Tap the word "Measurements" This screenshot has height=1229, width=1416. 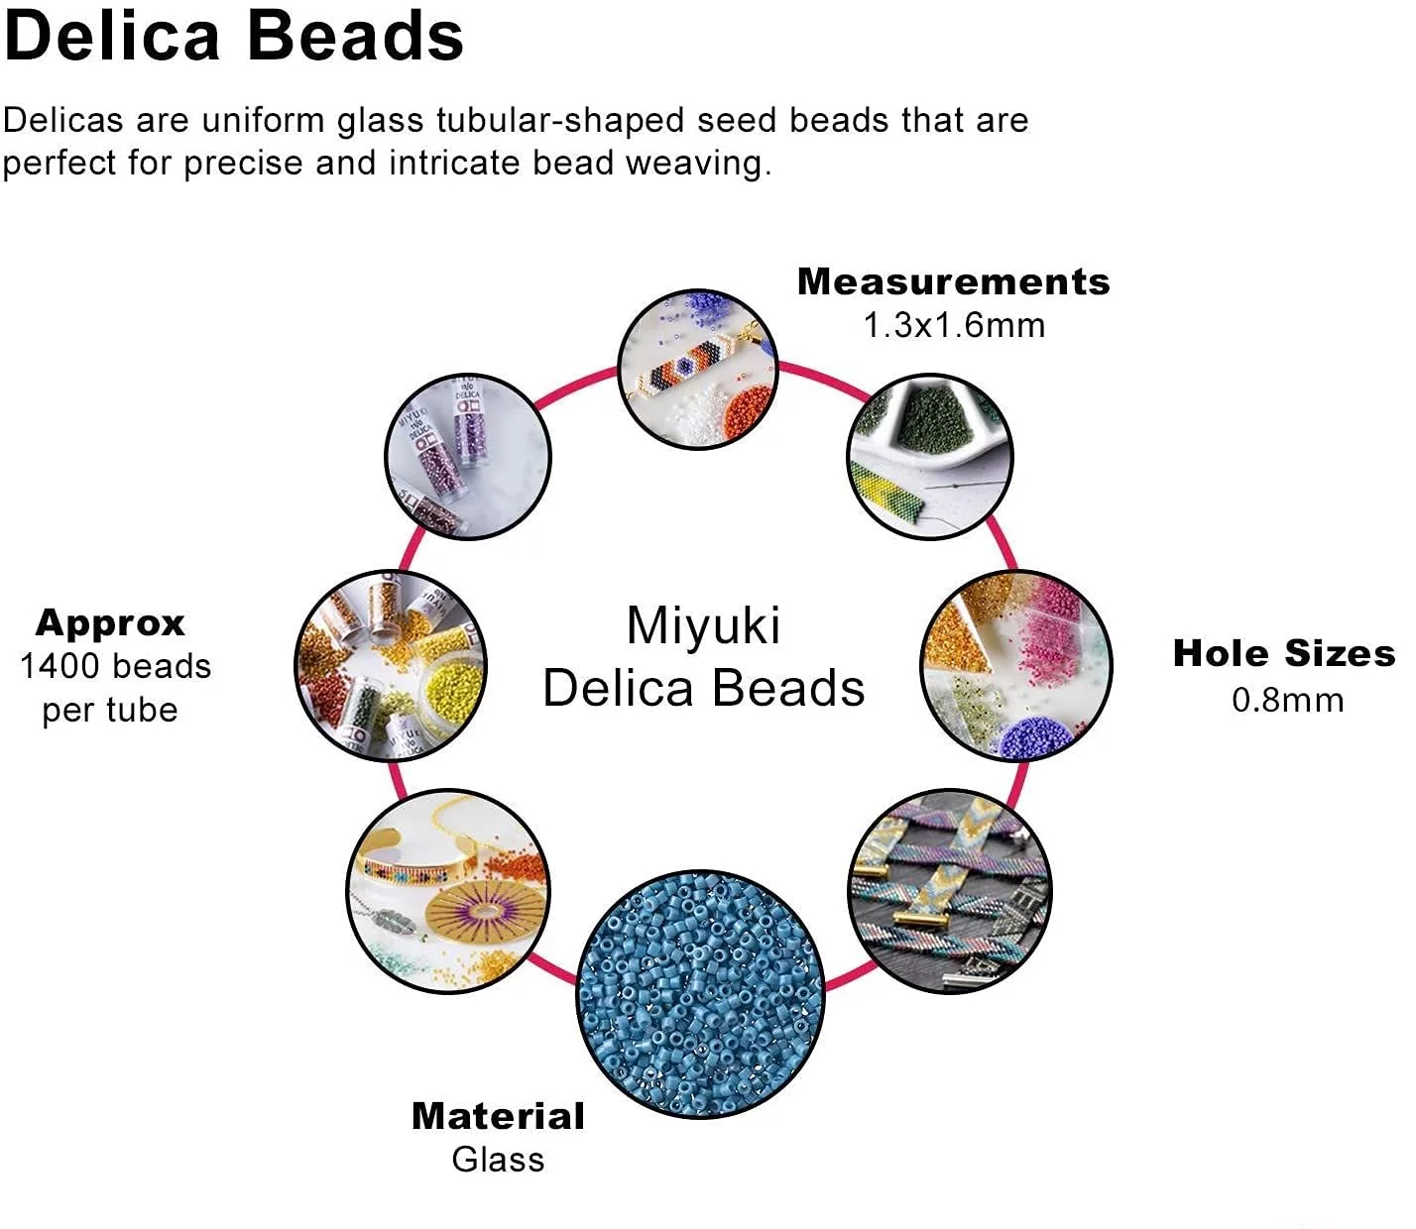coord(954,281)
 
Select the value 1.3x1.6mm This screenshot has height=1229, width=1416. coord(954,325)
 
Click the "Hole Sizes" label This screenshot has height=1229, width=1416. coord(1284,653)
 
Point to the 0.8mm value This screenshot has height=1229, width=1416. coord(1287,700)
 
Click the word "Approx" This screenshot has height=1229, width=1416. coord(110,624)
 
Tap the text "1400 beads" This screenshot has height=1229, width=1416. coord(116,666)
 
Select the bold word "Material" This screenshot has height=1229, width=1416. coord(499,1116)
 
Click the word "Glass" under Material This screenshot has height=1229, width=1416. coord(499,1160)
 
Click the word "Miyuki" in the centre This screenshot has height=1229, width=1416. coord(704,626)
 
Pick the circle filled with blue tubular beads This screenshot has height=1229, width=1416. coord(700,994)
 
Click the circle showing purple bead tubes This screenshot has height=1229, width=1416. coord(468,457)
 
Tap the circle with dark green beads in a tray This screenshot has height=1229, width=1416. coord(930,457)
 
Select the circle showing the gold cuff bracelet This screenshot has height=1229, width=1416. coord(448,892)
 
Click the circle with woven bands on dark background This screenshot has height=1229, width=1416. coord(950,891)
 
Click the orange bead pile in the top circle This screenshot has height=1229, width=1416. coord(748,412)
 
